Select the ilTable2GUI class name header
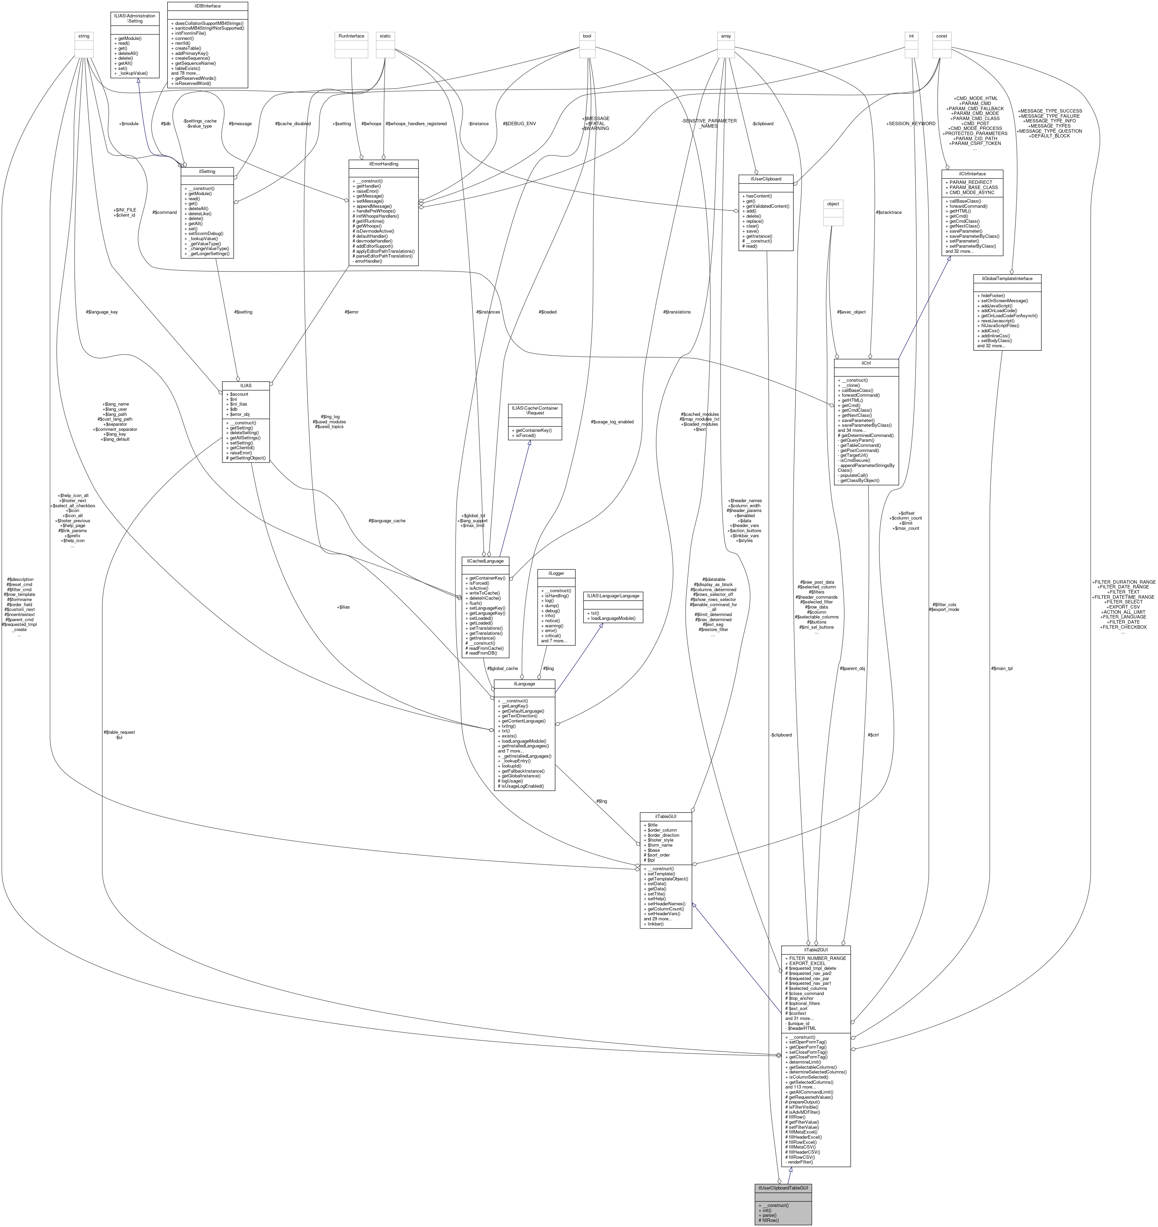(x=815, y=949)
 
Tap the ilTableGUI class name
(x=665, y=816)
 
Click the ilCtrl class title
(x=866, y=363)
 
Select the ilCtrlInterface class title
(x=973, y=174)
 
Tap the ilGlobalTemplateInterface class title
(x=1007, y=278)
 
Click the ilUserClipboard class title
(x=766, y=178)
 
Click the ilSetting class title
(x=207, y=171)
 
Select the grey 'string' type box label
(x=83, y=36)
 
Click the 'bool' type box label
(x=587, y=36)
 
